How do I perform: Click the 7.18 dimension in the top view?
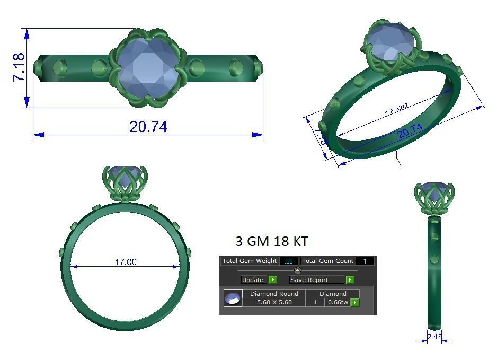coord(19,67)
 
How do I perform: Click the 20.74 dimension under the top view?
coord(148,127)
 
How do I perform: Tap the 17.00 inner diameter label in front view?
coord(126,262)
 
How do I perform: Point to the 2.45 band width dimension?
coord(434,337)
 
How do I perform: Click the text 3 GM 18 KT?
coord(271,241)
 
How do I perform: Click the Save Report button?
coord(316,279)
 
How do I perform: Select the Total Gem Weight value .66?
coord(288,261)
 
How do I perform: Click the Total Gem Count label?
coord(327,261)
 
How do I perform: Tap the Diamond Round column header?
coord(274,294)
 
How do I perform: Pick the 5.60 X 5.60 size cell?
coord(274,302)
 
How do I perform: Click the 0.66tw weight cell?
coord(338,302)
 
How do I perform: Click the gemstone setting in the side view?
coord(434,196)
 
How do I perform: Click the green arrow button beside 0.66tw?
coord(354,302)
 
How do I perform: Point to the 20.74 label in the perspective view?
coord(410,131)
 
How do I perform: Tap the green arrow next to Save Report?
coord(350,279)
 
